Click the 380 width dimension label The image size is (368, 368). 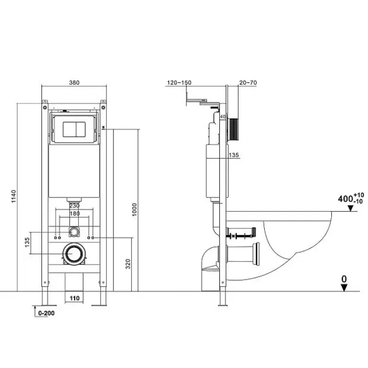point(74,83)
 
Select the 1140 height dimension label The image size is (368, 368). point(14,196)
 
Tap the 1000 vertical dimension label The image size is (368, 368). point(134,210)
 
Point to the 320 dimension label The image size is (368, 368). point(128,264)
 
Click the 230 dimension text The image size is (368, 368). point(75,205)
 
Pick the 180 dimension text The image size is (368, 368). point(75,214)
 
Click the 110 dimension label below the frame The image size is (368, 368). point(75,298)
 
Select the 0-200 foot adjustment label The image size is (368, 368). point(46,313)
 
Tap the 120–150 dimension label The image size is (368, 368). point(179,83)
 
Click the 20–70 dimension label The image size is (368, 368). point(248,83)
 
